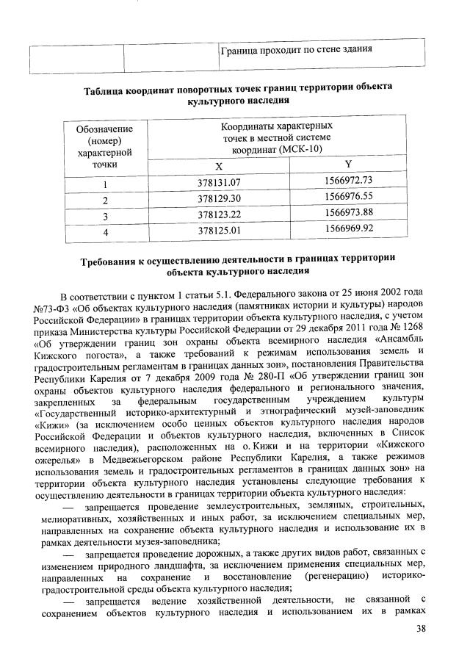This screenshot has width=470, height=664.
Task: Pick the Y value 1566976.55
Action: click(348, 196)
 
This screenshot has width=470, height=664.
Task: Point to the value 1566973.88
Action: click(348, 213)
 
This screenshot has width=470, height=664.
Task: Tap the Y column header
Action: click(348, 164)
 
